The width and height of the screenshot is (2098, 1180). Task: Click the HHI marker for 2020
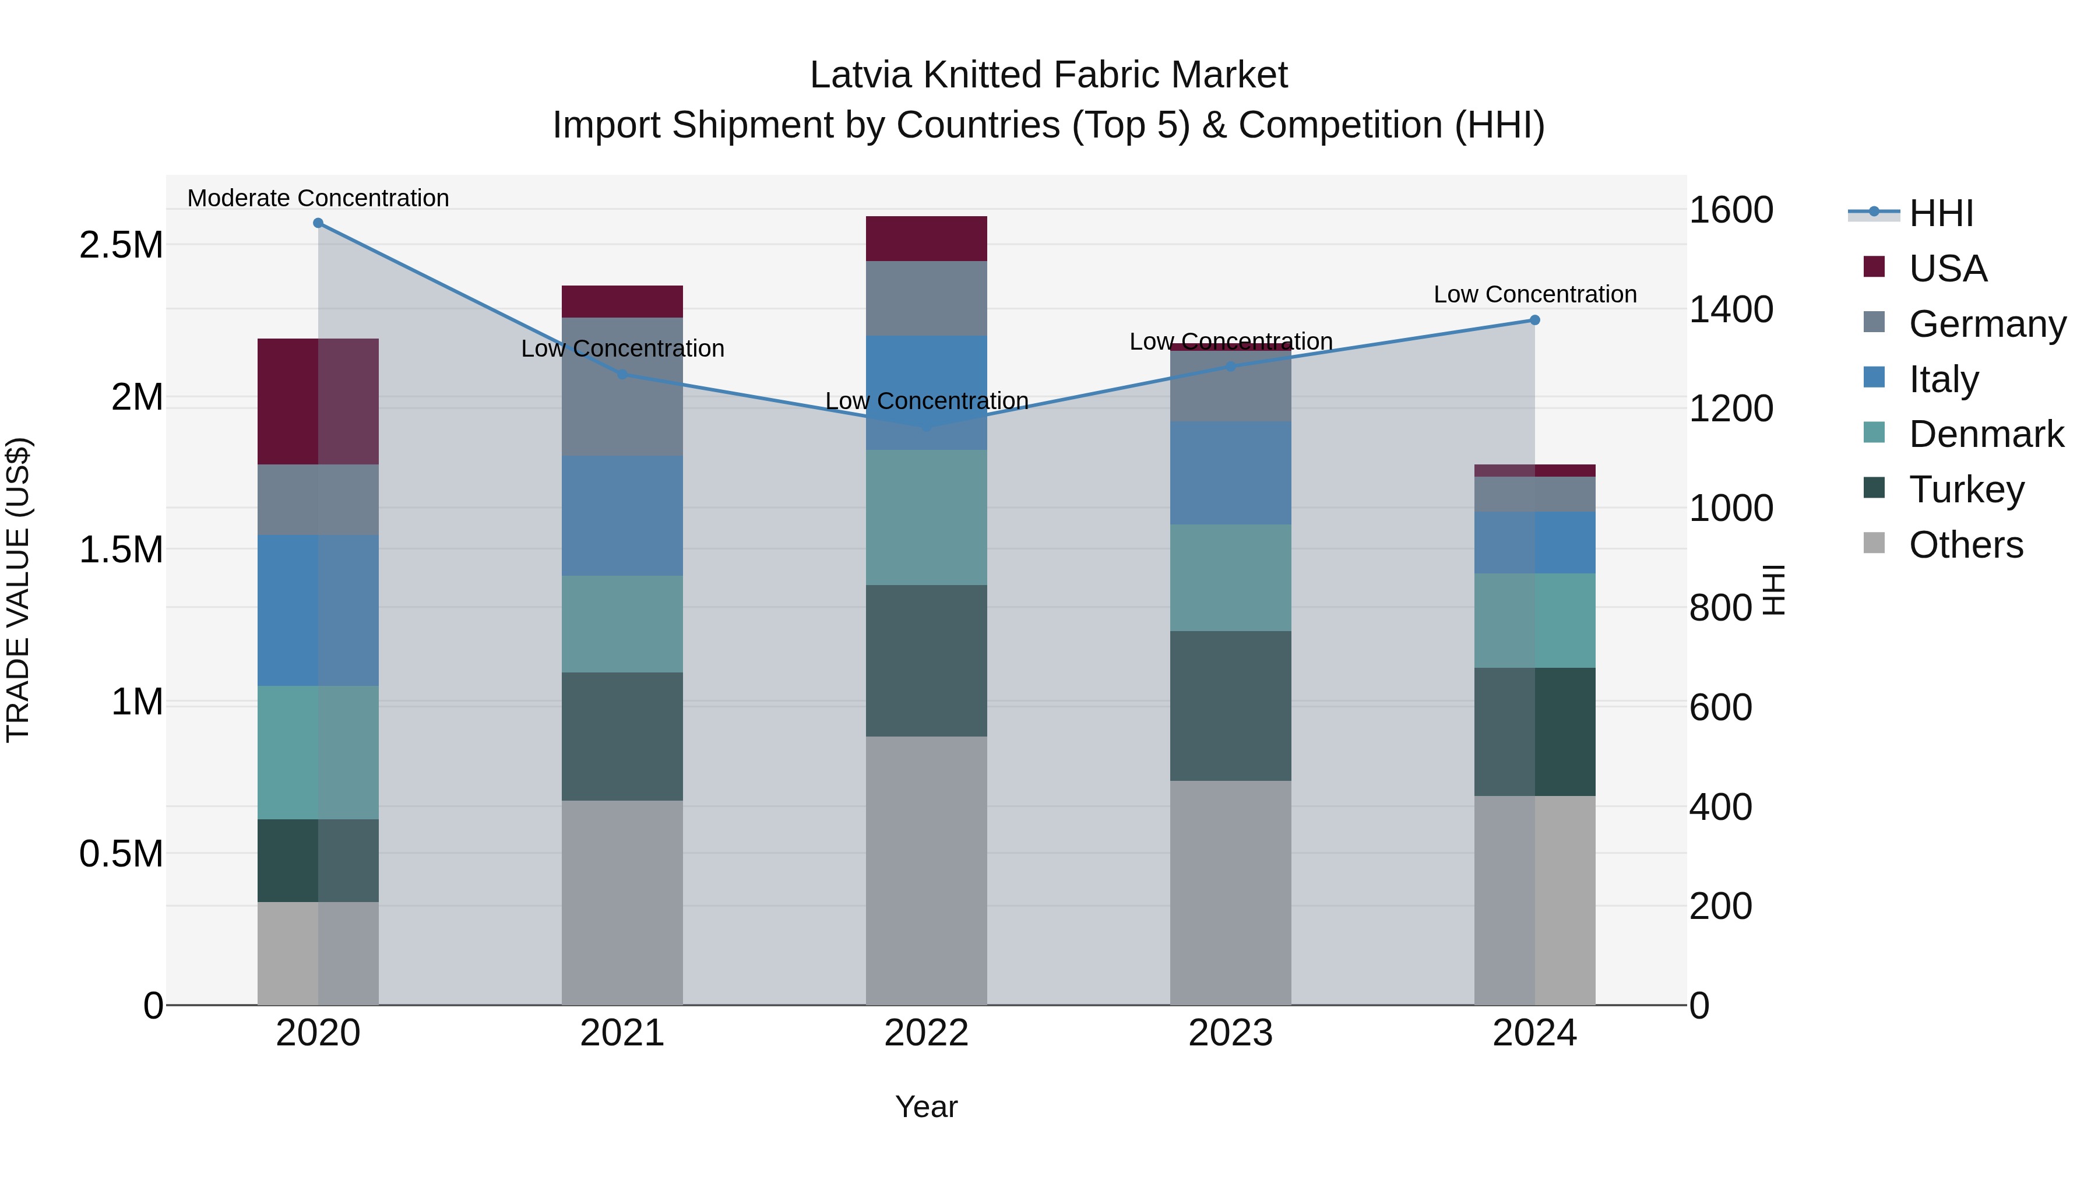point(318,223)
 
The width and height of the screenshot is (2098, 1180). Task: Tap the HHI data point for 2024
point(1534,320)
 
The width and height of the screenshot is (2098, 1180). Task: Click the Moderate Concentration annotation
point(318,198)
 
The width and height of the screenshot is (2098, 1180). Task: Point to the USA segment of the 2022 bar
point(926,238)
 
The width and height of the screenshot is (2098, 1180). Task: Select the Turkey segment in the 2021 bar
point(622,736)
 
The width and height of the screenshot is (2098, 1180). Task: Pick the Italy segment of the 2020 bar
point(318,610)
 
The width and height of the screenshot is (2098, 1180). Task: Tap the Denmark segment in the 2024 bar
point(1534,621)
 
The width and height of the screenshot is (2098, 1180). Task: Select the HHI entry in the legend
point(1940,213)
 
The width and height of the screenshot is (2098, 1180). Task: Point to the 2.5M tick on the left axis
point(121,244)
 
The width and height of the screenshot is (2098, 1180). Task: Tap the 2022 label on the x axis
point(926,1033)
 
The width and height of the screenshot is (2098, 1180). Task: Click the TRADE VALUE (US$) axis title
point(18,590)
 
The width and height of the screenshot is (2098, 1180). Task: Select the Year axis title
point(926,1107)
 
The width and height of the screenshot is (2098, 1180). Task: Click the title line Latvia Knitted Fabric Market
point(1048,75)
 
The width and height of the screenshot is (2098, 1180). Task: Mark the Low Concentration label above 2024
point(1534,294)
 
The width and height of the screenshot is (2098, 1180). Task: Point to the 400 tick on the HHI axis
point(1721,806)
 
